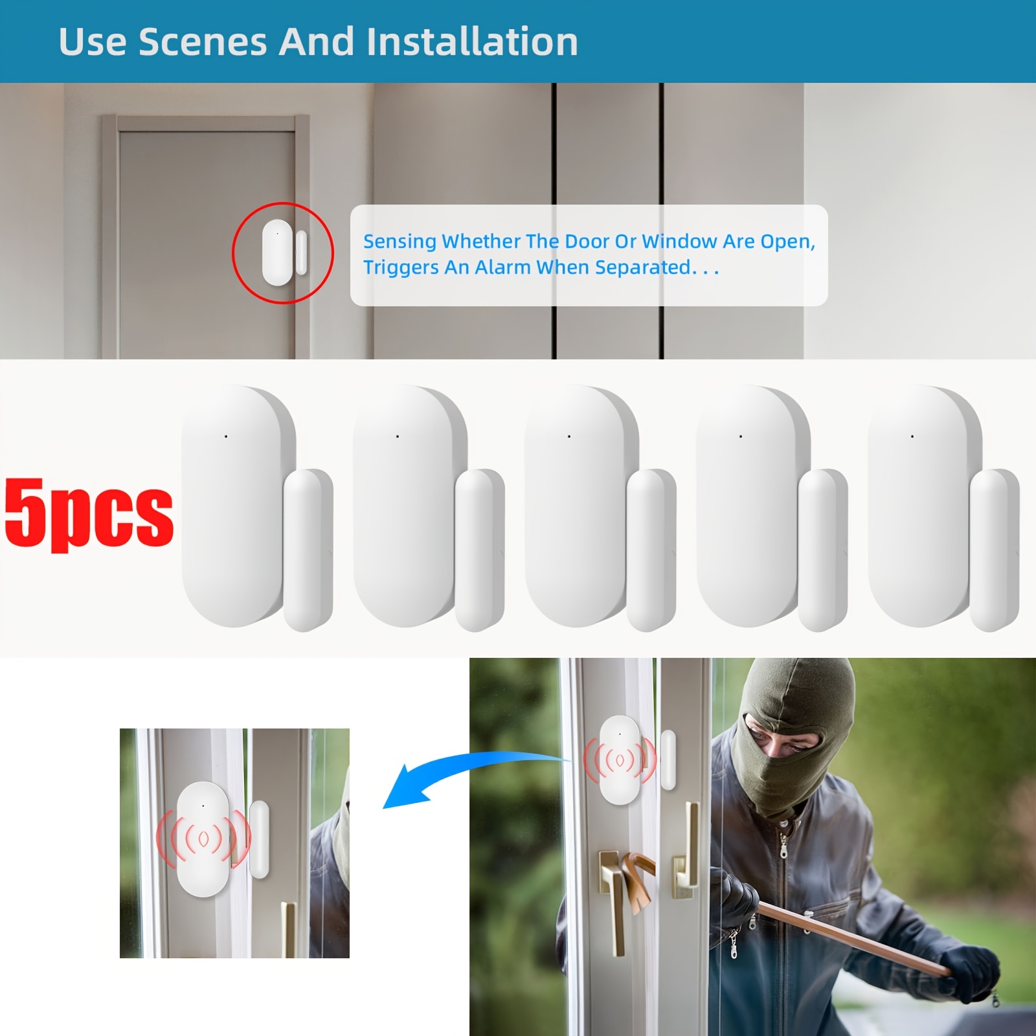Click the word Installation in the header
472,41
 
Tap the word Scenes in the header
203,41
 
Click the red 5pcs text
89,514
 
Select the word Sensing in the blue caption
400,242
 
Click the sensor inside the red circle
284,253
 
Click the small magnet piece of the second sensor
480,550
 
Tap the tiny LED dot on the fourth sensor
741,436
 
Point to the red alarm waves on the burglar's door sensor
620,759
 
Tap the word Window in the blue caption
679,242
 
